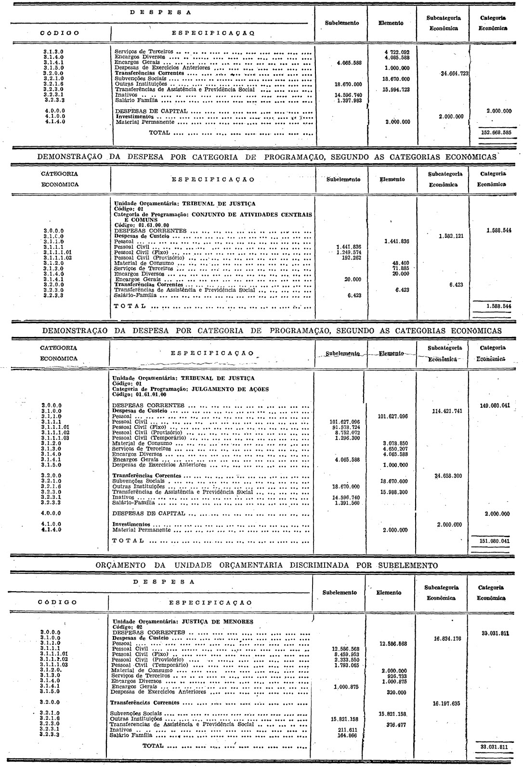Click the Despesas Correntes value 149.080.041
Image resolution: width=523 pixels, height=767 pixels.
click(x=495, y=405)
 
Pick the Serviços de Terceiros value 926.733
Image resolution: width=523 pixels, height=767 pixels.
click(x=394, y=676)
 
